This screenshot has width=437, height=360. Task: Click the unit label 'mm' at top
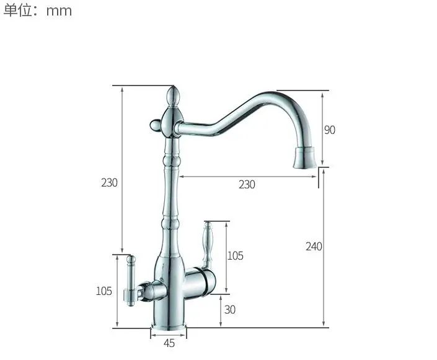(x=59, y=11)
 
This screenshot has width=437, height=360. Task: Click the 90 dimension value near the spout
(x=330, y=130)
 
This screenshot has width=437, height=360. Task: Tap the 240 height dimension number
(x=314, y=247)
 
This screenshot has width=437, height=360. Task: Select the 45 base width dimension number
(x=169, y=343)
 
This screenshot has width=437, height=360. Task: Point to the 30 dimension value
(x=230, y=310)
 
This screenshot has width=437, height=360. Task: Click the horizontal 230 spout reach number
(x=247, y=185)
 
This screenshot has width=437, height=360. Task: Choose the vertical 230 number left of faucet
(x=109, y=183)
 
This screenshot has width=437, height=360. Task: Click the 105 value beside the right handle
(x=236, y=256)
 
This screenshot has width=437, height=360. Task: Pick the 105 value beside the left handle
(x=104, y=291)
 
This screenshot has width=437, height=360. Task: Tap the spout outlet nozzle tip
(x=304, y=158)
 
